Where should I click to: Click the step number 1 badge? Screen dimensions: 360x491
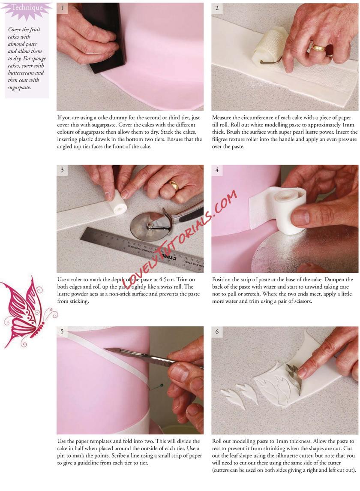click(x=62, y=8)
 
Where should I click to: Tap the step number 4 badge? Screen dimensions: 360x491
click(x=217, y=170)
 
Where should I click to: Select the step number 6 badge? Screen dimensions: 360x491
click(x=217, y=331)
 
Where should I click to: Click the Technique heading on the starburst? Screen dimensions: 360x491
click(x=27, y=8)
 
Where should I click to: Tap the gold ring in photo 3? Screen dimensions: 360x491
click(x=174, y=185)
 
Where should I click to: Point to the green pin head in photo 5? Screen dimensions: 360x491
click(x=161, y=385)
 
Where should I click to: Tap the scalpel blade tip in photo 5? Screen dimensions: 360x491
click(x=104, y=349)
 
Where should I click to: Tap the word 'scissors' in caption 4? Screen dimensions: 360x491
click(x=301, y=301)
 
